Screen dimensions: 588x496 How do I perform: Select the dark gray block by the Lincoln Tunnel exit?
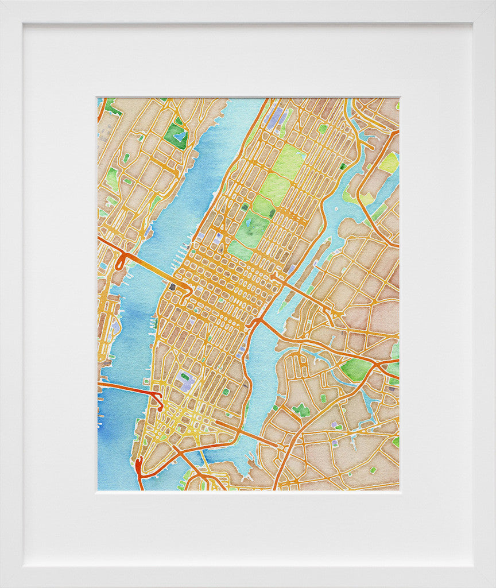172,286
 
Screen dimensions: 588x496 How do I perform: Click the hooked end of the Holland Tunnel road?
159,401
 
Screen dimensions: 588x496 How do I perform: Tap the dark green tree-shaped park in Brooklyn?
301,410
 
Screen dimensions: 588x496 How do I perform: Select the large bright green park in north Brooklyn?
355,369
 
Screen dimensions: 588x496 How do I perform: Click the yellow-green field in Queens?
389,163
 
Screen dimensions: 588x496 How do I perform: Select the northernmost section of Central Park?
288,161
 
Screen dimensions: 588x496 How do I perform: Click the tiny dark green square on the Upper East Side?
343,167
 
